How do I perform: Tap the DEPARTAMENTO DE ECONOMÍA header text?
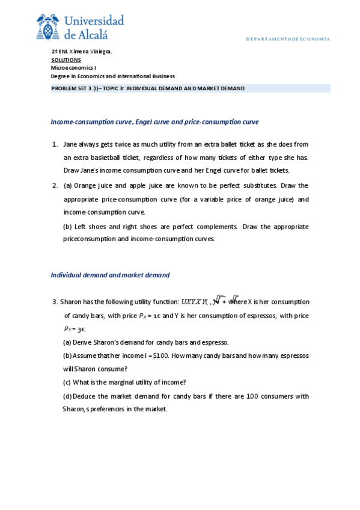click(x=287, y=39)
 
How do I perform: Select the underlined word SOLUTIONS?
click(x=66, y=60)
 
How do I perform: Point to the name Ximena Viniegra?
click(x=90, y=52)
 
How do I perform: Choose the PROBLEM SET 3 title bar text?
click(x=147, y=88)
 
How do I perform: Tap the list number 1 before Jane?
click(x=54, y=144)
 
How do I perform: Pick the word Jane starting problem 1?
click(x=70, y=144)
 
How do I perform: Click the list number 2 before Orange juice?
click(x=54, y=185)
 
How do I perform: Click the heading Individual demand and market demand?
click(x=110, y=275)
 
